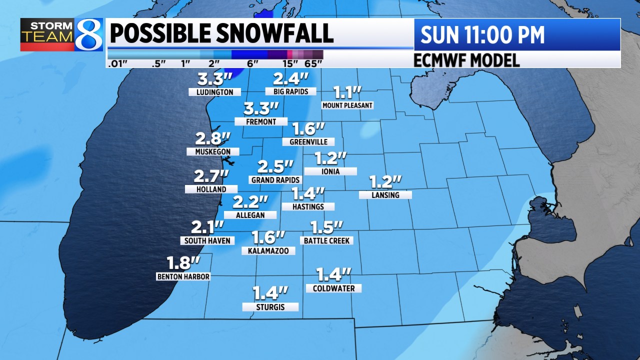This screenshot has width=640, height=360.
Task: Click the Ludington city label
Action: (214, 92)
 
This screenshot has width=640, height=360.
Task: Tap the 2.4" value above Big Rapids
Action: (290, 78)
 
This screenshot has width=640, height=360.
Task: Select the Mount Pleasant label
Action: (347, 105)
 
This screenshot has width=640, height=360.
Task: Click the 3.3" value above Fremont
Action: (261, 108)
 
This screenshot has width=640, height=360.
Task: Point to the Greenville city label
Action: (308, 142)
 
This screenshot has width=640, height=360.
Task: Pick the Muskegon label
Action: (212, 151)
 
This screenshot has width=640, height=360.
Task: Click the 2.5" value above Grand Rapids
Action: (275, 166)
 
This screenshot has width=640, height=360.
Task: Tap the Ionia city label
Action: (330, 171)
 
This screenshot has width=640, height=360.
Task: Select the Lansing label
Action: (385, 195)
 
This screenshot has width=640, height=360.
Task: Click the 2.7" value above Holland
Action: (211, 176)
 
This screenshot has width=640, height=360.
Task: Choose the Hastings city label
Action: (308, 206)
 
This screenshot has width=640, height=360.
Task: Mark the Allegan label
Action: (250, 215)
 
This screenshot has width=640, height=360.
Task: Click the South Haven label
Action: (207, 240)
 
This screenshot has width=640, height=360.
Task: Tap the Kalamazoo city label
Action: (268, 251)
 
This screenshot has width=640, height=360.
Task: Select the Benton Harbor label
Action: (183, 276)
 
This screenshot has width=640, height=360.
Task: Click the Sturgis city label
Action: (270, 307)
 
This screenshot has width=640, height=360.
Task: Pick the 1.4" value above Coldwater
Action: (333, 274)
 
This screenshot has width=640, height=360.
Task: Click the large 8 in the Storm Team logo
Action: (88, 35)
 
